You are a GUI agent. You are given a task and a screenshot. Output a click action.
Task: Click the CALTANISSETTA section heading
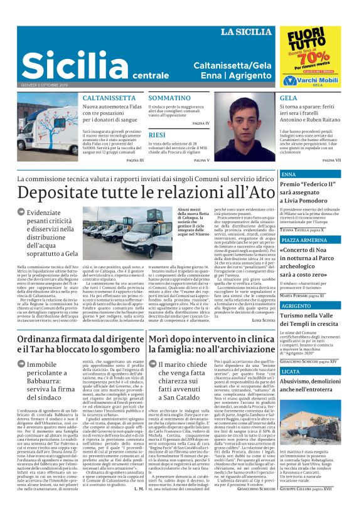pos(110,98)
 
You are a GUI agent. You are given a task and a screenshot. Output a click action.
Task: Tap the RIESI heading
pos(158,135)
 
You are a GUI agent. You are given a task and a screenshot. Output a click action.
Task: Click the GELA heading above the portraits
pos(289,98)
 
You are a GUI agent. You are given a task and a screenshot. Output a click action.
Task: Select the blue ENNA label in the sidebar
pos(289,174)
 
